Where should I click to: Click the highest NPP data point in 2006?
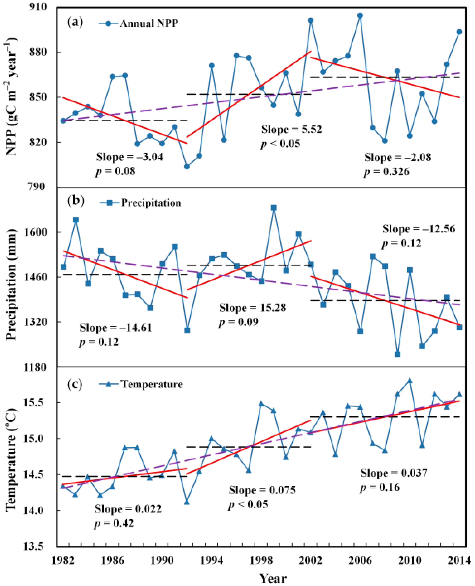pyautogui.click(x=360, y=15)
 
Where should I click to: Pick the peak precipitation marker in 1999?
pyautogui.click(x=274, y=208)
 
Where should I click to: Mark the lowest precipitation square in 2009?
pyautogui.click(x=398, y=354)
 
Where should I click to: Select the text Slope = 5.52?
pyautogui.click(x=291, y=129)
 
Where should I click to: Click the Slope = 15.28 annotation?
pyautogui.click(x=252, y=308)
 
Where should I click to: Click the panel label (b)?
pyautogui.click(x=76, y=201)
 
